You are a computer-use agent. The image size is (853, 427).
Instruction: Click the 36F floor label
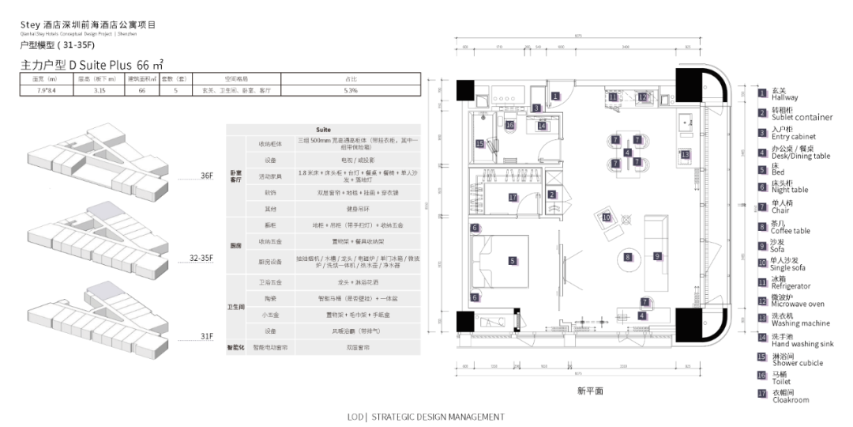(x=206, y=176)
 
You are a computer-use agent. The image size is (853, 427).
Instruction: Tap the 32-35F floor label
(x=201, y=259)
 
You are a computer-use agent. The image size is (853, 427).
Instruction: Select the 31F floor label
(x=206, y=336)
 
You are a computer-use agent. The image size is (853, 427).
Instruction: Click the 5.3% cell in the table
(x=351, y=91)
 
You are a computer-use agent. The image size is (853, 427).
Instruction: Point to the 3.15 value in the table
(x=100, y=91)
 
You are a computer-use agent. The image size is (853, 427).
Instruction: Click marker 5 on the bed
(x=512, y=260)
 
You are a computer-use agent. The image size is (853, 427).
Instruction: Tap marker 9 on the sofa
(x=656, y=256)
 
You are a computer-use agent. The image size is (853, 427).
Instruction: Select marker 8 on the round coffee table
(x=628, y=257)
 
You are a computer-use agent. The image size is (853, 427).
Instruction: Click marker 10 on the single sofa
(x=606, y=217)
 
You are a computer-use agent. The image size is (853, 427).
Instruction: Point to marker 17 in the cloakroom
(x=513, y=198)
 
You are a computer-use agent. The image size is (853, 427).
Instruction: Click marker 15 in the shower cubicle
(x=479, y=143)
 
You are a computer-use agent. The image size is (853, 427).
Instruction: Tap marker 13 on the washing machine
(x=685, y=154)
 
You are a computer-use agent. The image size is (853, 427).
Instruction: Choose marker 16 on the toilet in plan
(x=510, y=125)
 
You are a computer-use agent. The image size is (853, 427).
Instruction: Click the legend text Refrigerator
(x=791, y=286)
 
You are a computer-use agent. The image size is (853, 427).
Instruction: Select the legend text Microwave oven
(x=798, y=304)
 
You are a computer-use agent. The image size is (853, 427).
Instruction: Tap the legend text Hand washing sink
(x=802, y=344)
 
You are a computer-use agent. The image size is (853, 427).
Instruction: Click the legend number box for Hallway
(x=762, y=93)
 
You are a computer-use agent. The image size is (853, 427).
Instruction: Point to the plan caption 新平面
(x=590, y=391)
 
